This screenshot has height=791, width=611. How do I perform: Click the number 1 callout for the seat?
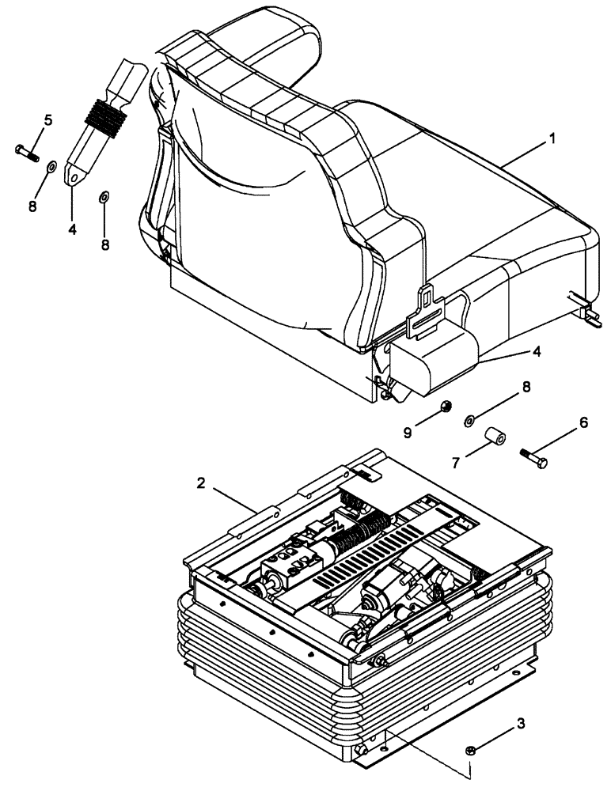pyautogui.click(x=552, y=138)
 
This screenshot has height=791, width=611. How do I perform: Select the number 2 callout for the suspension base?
pyautogui.click(x=202, y=484)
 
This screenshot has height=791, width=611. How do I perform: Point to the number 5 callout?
pyautogui.click(x=47, y=120)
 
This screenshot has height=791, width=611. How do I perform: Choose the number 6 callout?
pyautogui.click(x=584, y=423)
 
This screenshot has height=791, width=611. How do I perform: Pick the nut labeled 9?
pyautogui.click(x=446, y=407)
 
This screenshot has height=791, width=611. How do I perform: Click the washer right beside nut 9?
pyautogui.click(x=469, y=420)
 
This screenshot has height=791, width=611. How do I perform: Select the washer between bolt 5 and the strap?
pyautogui.click(x=51, y=167)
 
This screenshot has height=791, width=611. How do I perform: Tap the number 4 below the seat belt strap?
pyautogui.click(x=71, y=230)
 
